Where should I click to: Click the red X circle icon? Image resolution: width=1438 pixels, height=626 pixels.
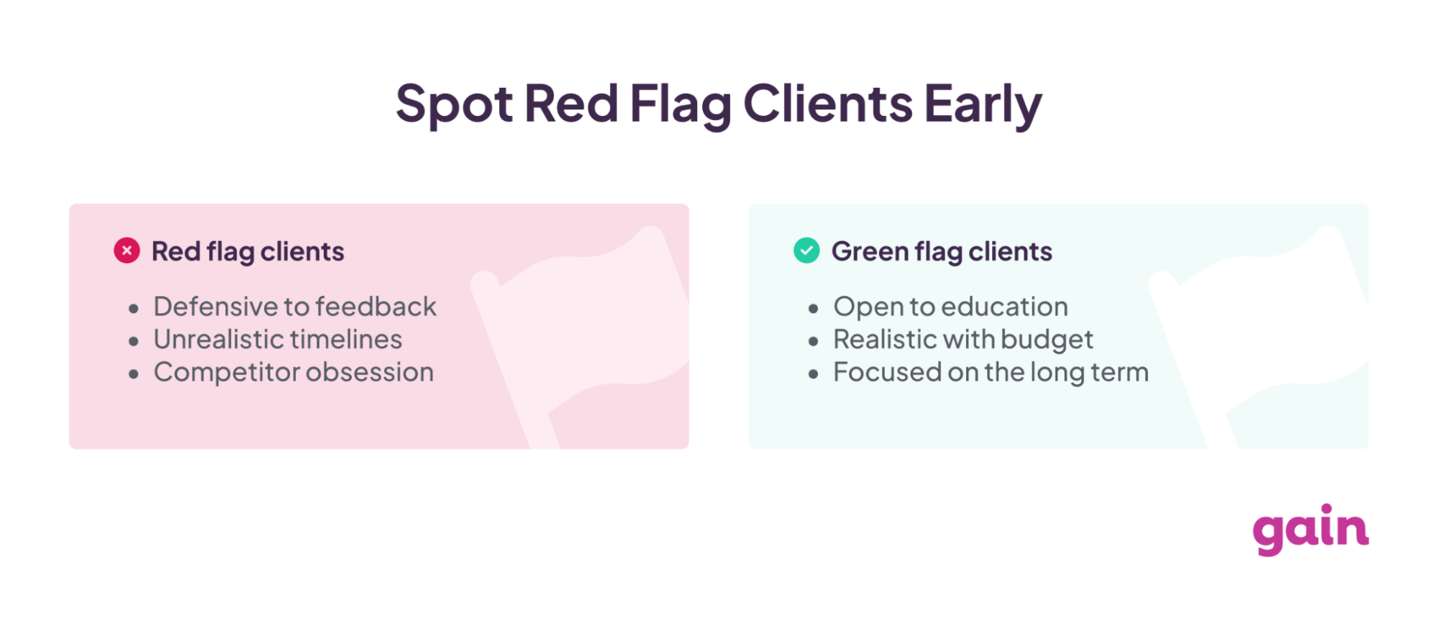127,250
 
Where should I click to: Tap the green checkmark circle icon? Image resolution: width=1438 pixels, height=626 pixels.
806,250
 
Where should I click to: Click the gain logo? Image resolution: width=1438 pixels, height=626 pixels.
1310,530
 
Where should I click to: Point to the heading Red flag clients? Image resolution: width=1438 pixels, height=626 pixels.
247,252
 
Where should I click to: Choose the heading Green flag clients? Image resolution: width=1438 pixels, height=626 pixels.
942,252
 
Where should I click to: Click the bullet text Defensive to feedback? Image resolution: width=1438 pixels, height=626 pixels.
295,307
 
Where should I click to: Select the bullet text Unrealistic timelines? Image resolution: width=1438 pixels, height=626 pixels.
278,340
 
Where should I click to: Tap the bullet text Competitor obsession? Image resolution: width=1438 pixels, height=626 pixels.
293,373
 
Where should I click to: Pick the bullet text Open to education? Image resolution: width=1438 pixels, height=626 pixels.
950,307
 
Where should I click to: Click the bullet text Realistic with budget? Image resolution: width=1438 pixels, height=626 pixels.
963,340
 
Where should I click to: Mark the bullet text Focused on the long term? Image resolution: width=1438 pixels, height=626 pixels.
991,373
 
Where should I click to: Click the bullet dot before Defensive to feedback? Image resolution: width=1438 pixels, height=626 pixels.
133,309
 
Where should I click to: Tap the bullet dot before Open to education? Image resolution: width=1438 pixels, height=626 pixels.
813,309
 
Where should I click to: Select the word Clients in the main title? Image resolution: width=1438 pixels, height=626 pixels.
828,104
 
